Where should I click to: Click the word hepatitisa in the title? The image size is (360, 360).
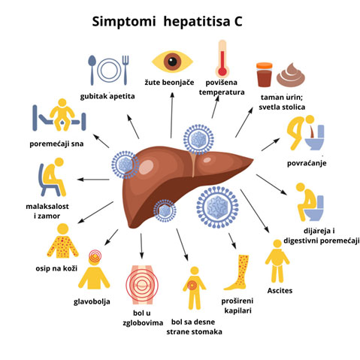click(196, 22)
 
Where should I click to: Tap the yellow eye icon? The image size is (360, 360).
click(172, 62)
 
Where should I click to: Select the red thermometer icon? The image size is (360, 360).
click(222, 59)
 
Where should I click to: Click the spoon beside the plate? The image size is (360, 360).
click(92, 70)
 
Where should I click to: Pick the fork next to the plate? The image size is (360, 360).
click(126, 70)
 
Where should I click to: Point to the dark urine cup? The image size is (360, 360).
click(264, 74)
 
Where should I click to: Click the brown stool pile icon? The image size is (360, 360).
click(291, 75)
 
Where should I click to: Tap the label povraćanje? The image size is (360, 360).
click(307, 163)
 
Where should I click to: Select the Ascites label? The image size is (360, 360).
click(280, 291)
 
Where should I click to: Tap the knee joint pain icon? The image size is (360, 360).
click(142, 285)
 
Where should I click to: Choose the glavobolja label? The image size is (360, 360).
click(92, 301)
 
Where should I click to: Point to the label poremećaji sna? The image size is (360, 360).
click(56, 144)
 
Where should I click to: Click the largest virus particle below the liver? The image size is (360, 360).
click(217, 207)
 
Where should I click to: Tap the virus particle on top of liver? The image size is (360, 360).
click(198, 139)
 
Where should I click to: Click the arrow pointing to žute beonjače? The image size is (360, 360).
click(171, 115)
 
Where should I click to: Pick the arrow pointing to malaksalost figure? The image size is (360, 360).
click(93, 180)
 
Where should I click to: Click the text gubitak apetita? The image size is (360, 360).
click(107, 96)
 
